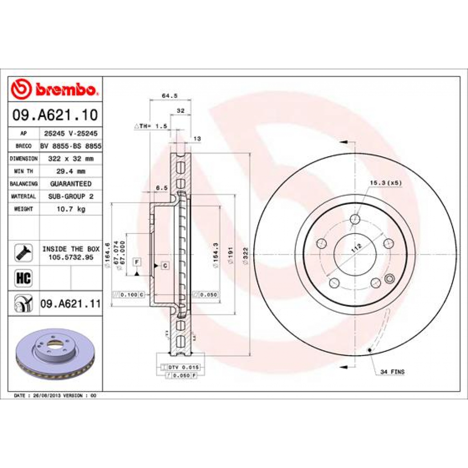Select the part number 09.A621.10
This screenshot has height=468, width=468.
(x=55, y=115)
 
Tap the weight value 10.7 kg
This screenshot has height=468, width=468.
(x=70, y=209)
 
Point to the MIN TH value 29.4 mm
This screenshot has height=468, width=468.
(x=70, y=171)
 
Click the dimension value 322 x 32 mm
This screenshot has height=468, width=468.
(x=70, y=159)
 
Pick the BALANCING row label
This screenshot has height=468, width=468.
(x=23, y=184)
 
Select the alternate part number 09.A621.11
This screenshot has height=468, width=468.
(x=70, y=303)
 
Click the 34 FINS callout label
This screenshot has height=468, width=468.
(x=392, y=372)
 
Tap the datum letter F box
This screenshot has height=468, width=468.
(x=136, y=261)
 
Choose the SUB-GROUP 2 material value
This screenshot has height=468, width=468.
(x=70, y=196)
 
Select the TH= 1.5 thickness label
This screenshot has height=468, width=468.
(x=151, y=126)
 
